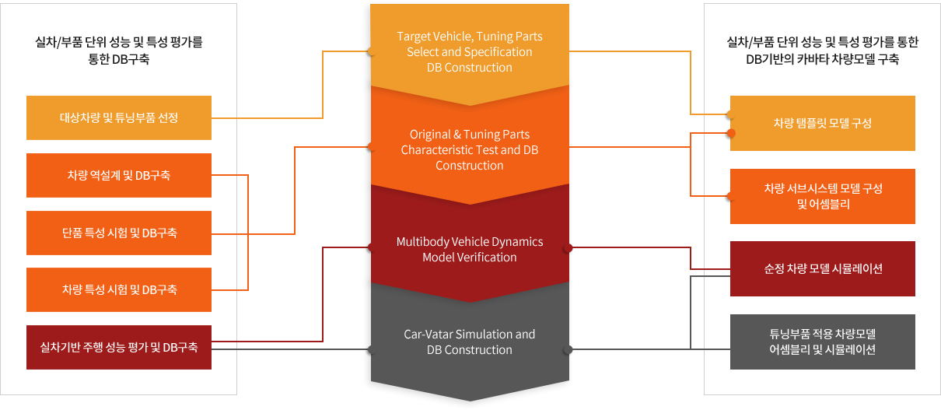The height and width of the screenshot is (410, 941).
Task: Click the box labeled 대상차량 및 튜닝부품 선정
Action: pos(119,117)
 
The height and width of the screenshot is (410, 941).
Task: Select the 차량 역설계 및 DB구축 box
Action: pos(119,175)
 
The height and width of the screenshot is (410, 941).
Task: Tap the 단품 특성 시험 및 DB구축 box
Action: pos(119,233)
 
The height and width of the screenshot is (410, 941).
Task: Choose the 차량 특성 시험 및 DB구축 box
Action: pos(119,289)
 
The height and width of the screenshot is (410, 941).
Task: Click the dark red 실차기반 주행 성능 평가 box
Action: pos(119,347)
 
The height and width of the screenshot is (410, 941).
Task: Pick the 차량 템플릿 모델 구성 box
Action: pos(822,123)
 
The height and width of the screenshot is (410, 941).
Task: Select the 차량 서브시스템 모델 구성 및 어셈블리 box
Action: pos(822,196)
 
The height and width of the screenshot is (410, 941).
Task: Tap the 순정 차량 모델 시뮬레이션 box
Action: pos(822,268)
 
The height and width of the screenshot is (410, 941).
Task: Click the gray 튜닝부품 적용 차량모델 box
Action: pos(822,342)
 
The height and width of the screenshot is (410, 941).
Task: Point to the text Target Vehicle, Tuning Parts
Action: pos(470,37)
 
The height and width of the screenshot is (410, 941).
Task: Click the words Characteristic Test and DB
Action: pos(470,149)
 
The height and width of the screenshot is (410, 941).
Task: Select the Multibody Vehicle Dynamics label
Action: pos(470,241)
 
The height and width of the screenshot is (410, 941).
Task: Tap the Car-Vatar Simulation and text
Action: pos(470,334)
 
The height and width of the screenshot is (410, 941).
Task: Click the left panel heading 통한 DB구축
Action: pos(119,58)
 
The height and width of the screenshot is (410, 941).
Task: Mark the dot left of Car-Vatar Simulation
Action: pos(371,350)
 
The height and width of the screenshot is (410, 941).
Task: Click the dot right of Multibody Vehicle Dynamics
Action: pos(568,248)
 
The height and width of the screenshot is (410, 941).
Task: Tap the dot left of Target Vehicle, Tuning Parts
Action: pos(371,52)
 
